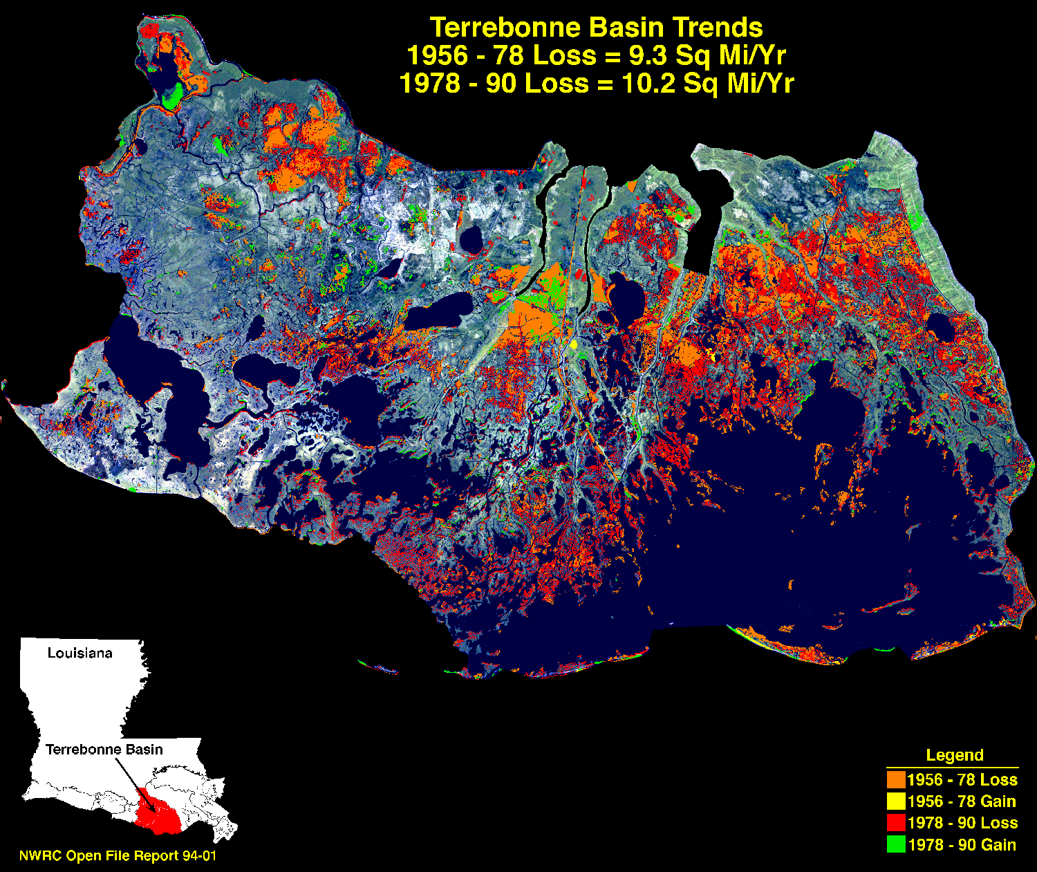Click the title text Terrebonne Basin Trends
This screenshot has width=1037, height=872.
[596, 28]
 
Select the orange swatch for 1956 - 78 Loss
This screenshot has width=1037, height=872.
[896, 779]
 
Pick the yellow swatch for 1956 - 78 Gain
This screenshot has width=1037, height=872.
[896, 801]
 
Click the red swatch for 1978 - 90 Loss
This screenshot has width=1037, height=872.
[896, 823]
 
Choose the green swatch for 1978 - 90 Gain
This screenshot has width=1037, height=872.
[896, 844]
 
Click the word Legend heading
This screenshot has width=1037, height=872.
[954, 755]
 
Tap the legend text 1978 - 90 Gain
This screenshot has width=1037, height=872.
[962, 844]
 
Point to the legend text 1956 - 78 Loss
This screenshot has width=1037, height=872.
[962, 780]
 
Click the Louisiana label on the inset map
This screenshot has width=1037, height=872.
[80, 653]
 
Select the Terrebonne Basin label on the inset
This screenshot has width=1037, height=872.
[104, 750]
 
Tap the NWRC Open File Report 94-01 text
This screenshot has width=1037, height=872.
[118, 856]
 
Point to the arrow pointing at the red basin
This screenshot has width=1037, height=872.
[131, 778]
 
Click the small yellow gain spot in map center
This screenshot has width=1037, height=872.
[573, 344]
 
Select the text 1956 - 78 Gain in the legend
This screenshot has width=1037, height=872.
[962, 801]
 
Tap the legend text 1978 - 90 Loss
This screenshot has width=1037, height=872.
[962, 823]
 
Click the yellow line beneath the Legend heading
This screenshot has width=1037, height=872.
[952, 768]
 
